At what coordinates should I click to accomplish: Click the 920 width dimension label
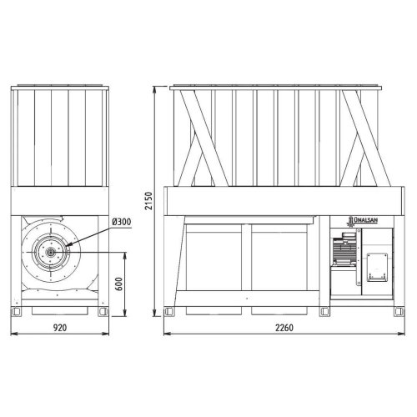point(60,328)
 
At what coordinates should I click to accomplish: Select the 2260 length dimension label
point(284,328)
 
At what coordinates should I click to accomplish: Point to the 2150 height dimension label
point(149,201)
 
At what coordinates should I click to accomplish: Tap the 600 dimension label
point(118,284)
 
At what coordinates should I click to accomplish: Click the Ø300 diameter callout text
point(122,222)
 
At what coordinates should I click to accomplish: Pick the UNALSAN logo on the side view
point(362,221)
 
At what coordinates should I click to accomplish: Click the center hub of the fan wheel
point(51,252)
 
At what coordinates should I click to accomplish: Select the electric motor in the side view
point(344,249)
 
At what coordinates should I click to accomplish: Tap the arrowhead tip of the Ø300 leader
point(67,246)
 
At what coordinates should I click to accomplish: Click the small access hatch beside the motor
point(377,267)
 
